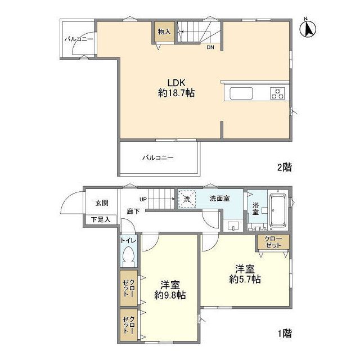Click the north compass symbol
coord(308,28)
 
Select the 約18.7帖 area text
coord(176,93)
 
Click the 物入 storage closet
coord(164,33)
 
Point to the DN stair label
coord(210,47)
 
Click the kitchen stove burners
coord(278,93)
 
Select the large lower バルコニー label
coord(157,157)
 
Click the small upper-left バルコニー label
coord(78,39)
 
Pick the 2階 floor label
coord(284,166)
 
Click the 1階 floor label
coord(284,333)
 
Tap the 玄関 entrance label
coord(101,203)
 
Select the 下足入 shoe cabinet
coord(101,219)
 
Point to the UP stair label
coord(143,199)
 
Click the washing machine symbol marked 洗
coord(187,199)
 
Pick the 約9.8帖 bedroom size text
coord(170,294)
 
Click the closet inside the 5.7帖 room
coord(273,242)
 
